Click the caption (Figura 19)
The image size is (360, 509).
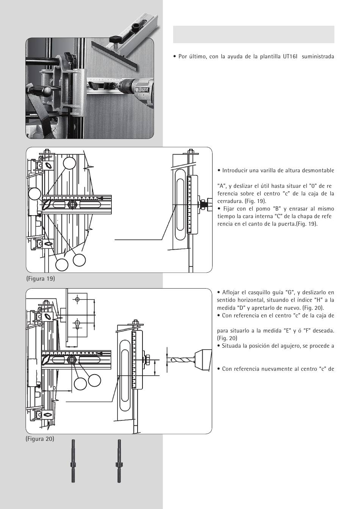pos(41,278)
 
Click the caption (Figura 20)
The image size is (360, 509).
pos(40,439)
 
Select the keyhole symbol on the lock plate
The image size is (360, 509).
pos(77,325)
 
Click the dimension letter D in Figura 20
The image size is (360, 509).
pos(54,388)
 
